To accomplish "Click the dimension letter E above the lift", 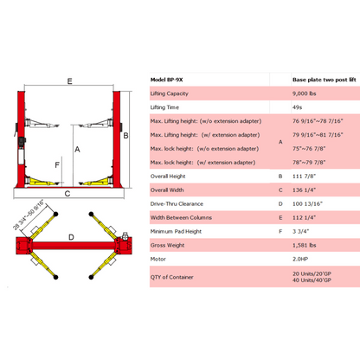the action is (69, 81).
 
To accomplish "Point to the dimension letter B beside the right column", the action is (125, 136).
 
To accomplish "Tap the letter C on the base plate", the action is (67, 194).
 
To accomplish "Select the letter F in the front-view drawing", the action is (57, 165).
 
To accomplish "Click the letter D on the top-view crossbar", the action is (71, 237).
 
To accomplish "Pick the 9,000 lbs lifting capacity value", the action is (305, 93).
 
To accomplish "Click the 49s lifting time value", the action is (297, 107).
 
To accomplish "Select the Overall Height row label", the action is (168, 177).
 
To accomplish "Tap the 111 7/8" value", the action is (304, 177).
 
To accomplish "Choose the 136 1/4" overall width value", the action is (304, 190).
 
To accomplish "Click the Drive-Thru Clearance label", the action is (177, 204).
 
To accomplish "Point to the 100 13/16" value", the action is (307, 204).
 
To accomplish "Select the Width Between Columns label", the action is (181, 218).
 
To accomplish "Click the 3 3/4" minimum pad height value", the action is (300, 231).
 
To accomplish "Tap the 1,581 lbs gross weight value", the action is (305, 245).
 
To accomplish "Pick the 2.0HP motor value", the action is (300, 259).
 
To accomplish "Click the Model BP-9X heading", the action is (166, 80).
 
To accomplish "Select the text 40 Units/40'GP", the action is (312, 280).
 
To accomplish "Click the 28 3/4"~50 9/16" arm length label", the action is (29, 215).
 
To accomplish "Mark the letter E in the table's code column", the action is (280, 218).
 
